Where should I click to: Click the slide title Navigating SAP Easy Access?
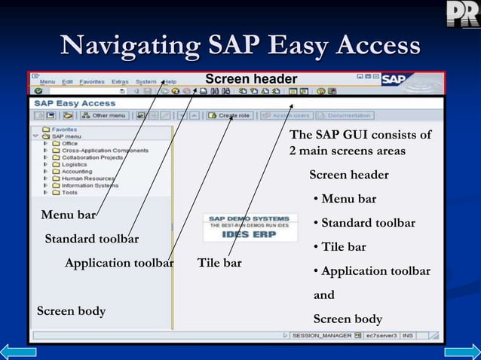[x=240, y=45]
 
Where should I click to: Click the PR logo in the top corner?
[x=461, y=14]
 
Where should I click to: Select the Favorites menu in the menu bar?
[x=92, y=81]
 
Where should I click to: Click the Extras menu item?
[x=120, y=81]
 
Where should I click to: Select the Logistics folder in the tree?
[x=74, y=164]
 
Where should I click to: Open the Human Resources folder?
[x=88, y=178]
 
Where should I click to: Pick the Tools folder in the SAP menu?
[x=69, y=192]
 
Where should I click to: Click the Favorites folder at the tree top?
[x=64, y=130]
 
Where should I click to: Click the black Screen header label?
[x=251, y=80]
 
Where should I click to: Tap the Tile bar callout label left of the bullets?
[x=219, y=263]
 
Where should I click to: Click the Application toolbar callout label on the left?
[x=119, y=263]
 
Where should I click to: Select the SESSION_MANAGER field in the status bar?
[x=322, y=334]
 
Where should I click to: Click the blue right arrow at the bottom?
[x=461, y=351]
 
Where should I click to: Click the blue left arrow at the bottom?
[x=18, y=351]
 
